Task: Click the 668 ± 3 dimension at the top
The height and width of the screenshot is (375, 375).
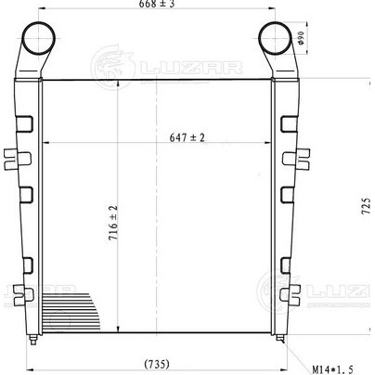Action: [157, 4]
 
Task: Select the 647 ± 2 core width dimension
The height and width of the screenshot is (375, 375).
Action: [187, 137]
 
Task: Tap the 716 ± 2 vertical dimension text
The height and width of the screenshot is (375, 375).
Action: [113, 223]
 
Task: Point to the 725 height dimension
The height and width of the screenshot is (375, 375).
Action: [366, 206]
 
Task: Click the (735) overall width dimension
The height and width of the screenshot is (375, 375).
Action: [157, 364]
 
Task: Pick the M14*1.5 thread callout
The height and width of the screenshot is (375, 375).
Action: [332, 369]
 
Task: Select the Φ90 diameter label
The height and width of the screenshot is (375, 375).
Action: [301, 38]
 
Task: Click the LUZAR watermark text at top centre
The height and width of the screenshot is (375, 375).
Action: [191, 68]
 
